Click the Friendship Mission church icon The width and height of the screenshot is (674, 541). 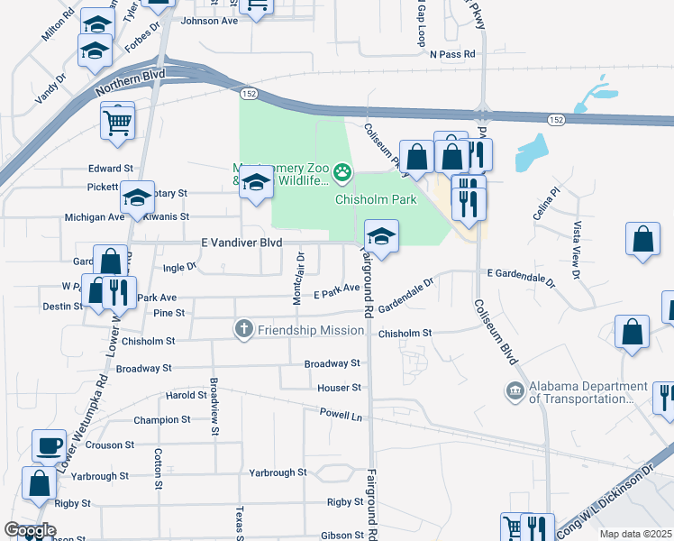pos(243,329)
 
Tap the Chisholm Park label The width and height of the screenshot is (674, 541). pos(376,199)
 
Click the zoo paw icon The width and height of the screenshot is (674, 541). pos(342,170)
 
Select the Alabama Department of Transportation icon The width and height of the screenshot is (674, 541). pos(515,390)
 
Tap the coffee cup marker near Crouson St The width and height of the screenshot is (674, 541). pos(49,445)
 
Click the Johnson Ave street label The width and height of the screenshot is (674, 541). pos(209,21)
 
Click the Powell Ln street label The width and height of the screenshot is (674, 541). pos(341,414)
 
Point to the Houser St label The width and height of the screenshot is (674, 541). pos(339,388)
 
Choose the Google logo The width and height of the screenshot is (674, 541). pos(30,531)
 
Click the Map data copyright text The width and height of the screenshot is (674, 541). pos(636,534)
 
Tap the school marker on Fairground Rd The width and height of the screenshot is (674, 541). pos(381,236)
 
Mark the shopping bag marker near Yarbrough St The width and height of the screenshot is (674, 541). pos(41,483)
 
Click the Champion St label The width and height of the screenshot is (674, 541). pos(158,420)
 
